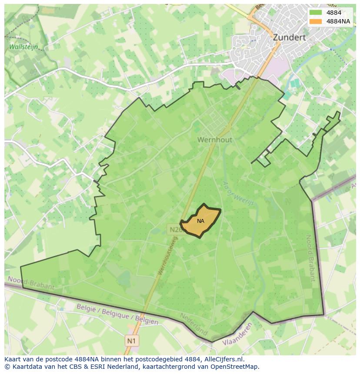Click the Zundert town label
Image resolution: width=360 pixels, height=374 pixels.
tap(289, 38)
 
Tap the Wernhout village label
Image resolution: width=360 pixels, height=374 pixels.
tap(215, 140)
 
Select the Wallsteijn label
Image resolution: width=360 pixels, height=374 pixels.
tap(23, 46)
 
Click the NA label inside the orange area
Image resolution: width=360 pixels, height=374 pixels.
tap(200, 221)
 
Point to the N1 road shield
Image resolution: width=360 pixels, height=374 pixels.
tap(131, 341)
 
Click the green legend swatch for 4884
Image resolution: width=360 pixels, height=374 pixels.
tap(316, 13)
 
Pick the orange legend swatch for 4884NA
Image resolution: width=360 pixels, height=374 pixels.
tap(316, 21)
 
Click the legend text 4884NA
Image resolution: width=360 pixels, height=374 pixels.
tap(338, 21)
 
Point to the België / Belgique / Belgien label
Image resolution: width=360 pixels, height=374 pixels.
tap(117, 314)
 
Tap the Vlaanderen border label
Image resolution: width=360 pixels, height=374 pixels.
tap(237, 334)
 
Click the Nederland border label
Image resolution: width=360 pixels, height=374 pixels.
tap(194, 324)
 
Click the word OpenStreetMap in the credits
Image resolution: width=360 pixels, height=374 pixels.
tap(235, 367)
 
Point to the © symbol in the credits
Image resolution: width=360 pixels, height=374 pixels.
tap(7, 367)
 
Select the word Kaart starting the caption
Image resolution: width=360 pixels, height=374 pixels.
tap(13, 359)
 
